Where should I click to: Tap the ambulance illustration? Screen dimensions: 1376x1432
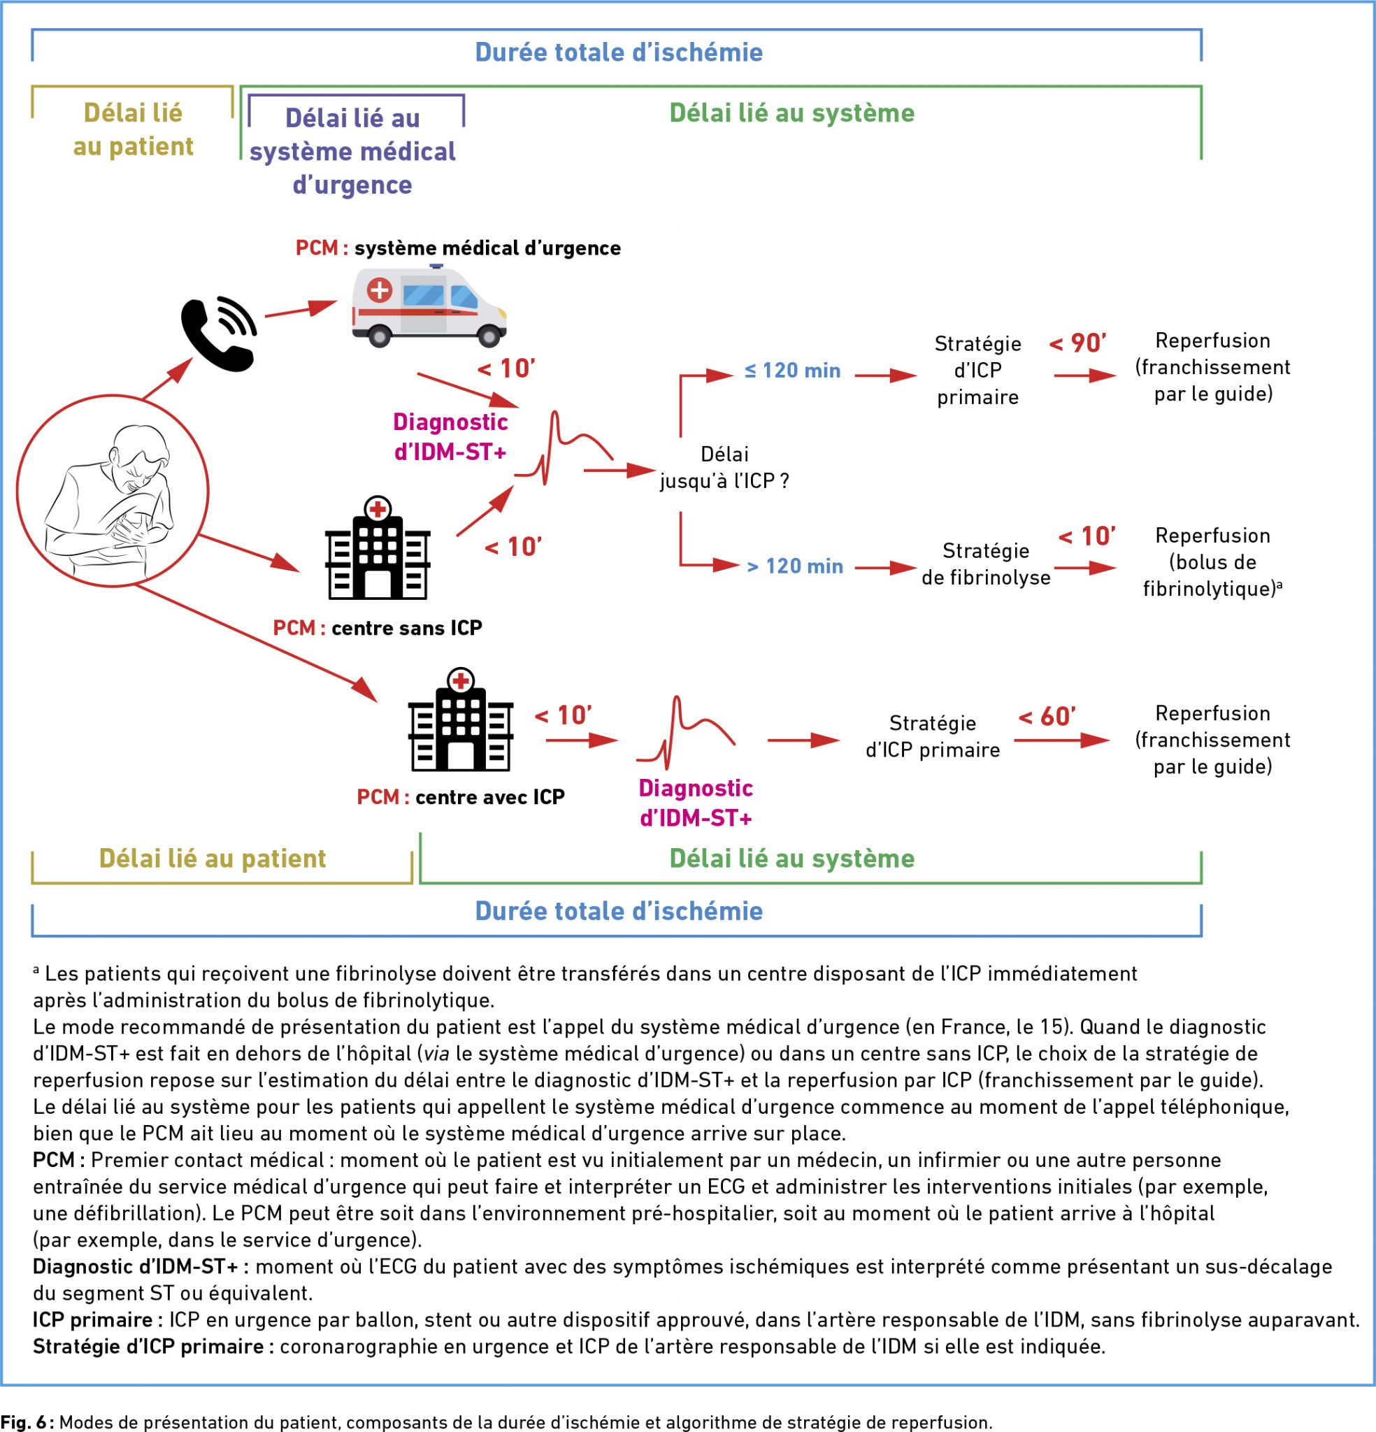coord(429,306)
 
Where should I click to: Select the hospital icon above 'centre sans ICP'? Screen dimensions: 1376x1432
coord(377,549)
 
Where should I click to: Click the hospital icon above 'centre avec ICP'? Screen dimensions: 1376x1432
coord(460,719)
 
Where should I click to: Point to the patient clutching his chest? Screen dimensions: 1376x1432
coord(112,490)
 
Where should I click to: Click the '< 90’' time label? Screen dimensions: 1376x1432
coord(1078,343)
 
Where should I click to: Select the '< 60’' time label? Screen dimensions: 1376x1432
coord(1047,717)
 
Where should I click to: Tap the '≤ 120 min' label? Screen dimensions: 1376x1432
coord(792,371)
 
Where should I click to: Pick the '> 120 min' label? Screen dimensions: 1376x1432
coord(794,566)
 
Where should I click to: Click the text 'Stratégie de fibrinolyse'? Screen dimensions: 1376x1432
coord(986,564)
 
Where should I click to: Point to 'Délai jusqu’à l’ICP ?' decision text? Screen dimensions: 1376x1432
coord(724,468)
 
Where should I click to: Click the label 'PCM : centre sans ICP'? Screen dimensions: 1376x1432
coord(377,629)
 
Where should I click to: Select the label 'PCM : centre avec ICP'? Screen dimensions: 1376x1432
coord(460,797)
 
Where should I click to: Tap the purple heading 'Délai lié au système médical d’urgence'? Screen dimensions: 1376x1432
coord(353,151)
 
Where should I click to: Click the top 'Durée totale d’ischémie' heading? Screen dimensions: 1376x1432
coord(619,52)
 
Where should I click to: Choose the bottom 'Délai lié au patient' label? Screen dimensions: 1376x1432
coord(213,859)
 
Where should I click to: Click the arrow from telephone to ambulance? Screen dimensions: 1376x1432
coord(301,309)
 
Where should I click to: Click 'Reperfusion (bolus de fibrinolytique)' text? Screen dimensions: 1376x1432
coord(1212,562)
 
